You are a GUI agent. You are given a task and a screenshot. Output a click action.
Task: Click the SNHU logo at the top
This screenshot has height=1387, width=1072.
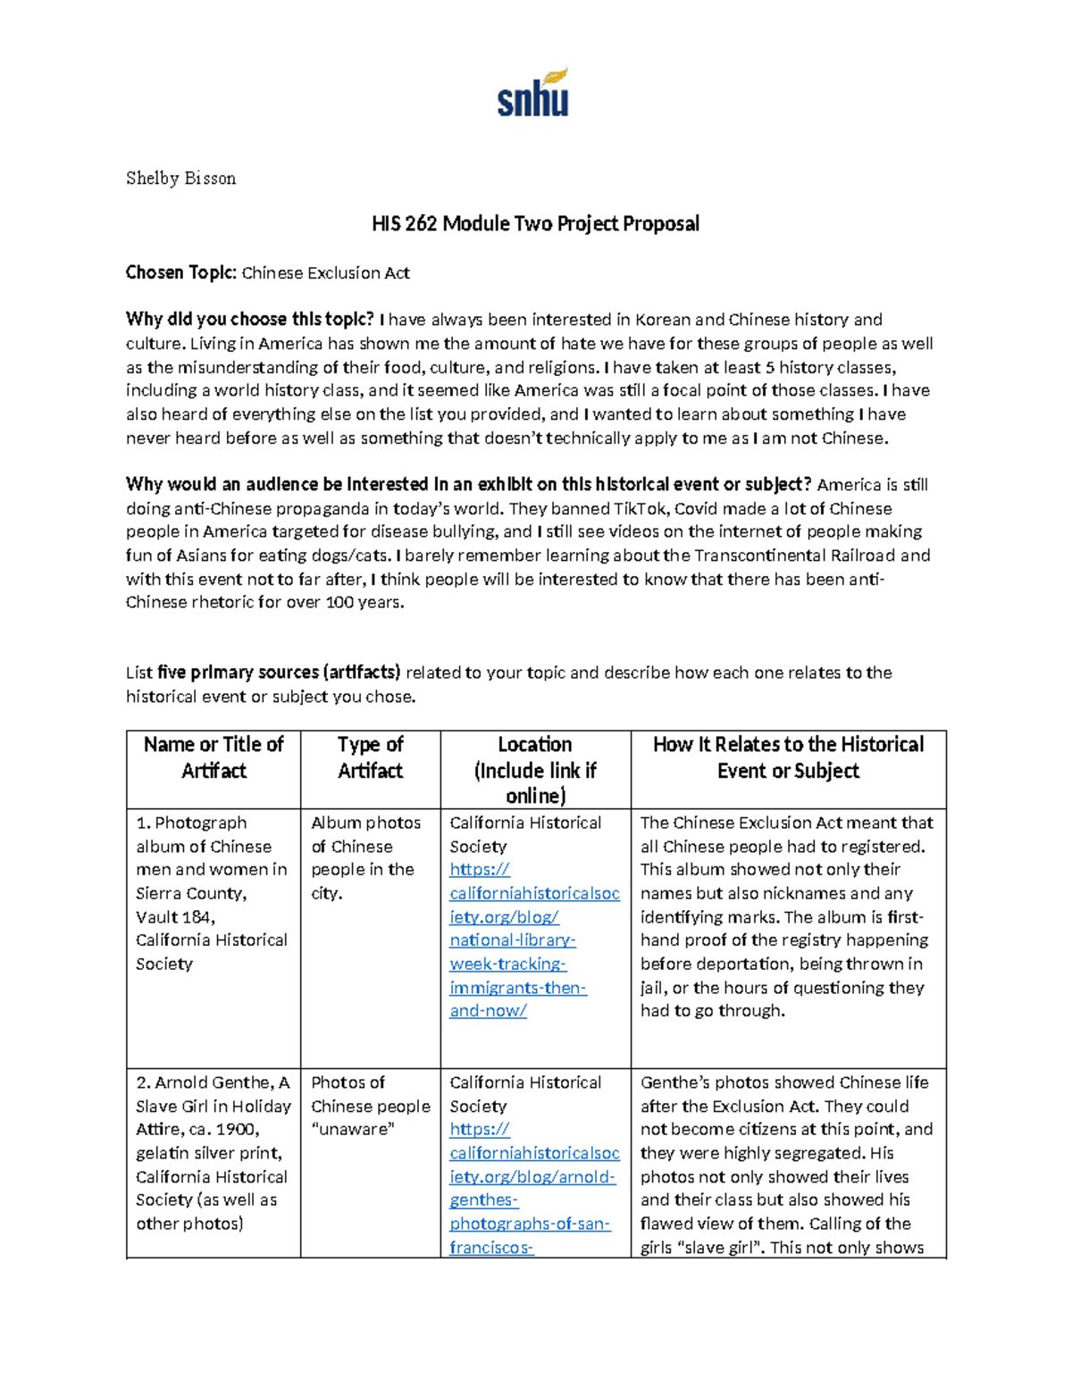tap(533, 94)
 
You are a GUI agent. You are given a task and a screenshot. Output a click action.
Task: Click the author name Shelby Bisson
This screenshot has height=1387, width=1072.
tap(180, 178)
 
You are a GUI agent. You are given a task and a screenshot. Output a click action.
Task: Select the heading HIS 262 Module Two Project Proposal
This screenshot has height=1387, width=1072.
tap(535, 223)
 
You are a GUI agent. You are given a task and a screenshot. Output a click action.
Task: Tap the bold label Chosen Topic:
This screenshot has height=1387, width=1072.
tap(181, 272)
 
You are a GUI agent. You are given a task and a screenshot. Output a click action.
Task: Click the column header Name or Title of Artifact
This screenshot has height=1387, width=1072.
tap(214, 756)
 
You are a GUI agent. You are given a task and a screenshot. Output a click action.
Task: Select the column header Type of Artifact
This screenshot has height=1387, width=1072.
tap(370, 756)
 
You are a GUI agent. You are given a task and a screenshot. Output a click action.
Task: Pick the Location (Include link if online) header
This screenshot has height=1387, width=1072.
tap(535, 769)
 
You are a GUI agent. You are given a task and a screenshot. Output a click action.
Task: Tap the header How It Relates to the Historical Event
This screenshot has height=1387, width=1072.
tap(788, 756)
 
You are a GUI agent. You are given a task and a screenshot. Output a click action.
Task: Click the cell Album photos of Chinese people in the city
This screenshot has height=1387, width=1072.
tap(364, 857)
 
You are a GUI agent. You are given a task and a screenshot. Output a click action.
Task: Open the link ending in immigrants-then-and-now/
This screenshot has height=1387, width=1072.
tap(517, 987)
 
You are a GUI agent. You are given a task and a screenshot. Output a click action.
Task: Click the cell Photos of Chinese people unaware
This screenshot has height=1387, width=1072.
tap(370, 1106)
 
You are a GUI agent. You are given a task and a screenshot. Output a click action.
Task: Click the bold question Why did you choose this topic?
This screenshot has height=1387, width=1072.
tap(249, 320)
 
